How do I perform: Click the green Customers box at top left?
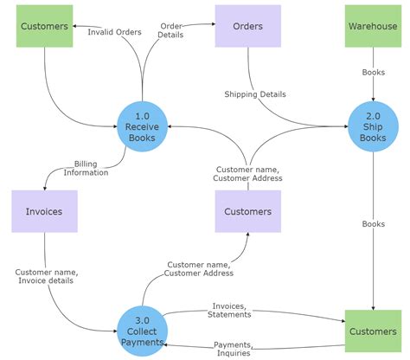pyautogui.click(x=43, y=27)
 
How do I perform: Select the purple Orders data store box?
pyautogui.click(x=248, y=27)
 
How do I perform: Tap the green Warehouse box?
pyautogui.click(x=373, y=27)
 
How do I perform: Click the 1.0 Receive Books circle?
pyautogui.click(x=142, y=126)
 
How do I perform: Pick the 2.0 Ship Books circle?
pyautogui.click(x=373, y=126)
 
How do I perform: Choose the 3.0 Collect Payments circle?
pyautogui.click(x=142, y=330)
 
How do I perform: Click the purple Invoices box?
pyautogui.click(x=43, y=211)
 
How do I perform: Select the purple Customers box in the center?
pyautogui.click(x=248, y=211)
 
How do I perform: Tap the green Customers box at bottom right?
pyautogui.click(x=373, y=331)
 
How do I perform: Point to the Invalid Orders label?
pyautogui.click(x=113, y=31)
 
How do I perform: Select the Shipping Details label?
pyautogui.click(x=255, y=93)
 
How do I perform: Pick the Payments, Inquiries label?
pyautogui.click(x=233, y=348)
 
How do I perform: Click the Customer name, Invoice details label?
pyautogui.click(x=47, y=276)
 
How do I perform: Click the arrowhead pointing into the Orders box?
pyautogui.click(x=213, y=26)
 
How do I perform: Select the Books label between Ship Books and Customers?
pyautogui.click(x=373, y=223)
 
